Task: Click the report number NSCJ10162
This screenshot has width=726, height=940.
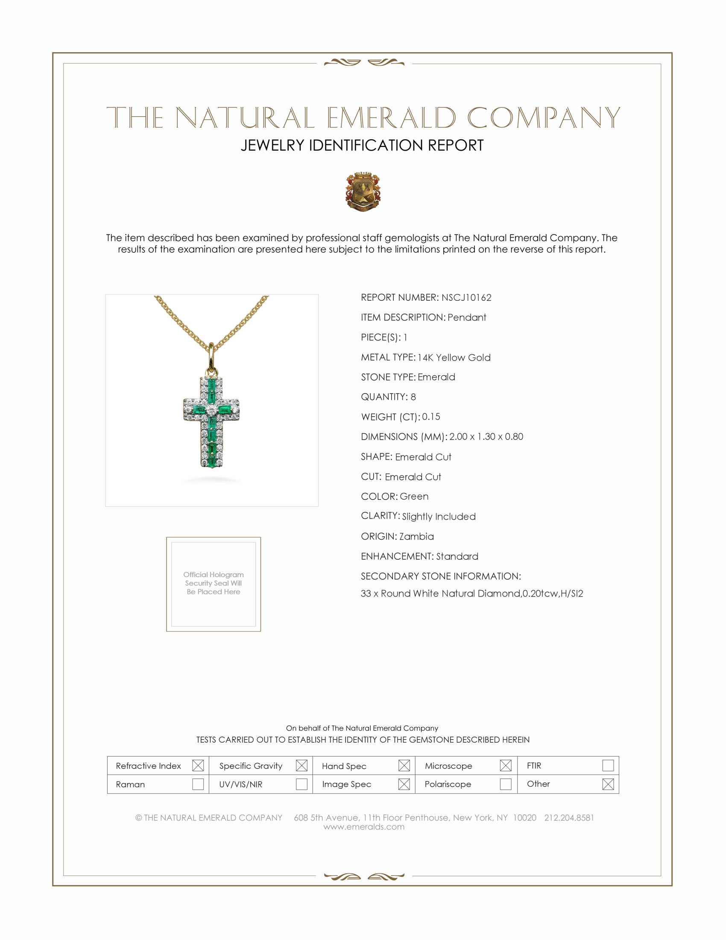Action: (466, 297)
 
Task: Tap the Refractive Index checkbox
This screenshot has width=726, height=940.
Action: (198, 766)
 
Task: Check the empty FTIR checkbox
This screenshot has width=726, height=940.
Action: (608, 766)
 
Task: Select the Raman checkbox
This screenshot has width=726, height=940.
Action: (198, 784)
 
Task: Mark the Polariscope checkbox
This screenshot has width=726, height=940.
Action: (506, 784)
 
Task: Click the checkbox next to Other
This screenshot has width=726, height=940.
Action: (608, 784)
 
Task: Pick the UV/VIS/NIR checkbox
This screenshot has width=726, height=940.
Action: (302, 784)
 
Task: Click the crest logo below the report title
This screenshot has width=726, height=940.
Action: (363, 191)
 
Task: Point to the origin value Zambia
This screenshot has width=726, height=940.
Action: (416, 536)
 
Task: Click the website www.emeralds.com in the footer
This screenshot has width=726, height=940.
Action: (364, 827)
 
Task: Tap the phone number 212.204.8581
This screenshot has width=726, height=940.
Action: (568, 818)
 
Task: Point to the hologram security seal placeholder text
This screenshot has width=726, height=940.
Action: (214, 583)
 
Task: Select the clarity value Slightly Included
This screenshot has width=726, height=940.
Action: (439, 517)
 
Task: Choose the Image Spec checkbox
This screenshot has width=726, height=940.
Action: (404, 784)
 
